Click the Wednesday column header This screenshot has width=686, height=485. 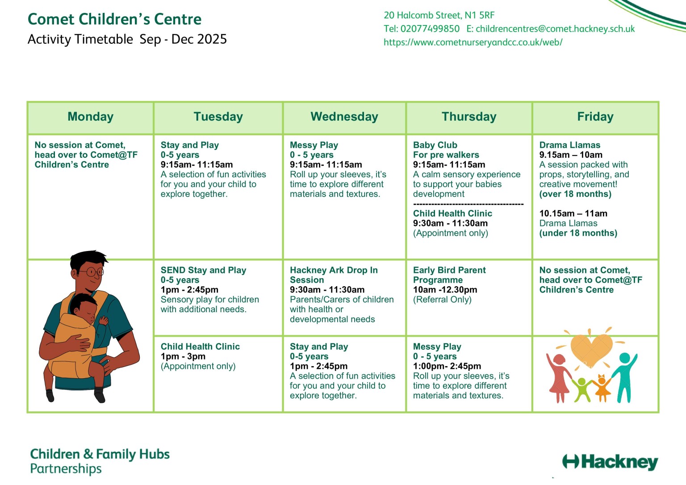pyautogui.click(x=344, y=117)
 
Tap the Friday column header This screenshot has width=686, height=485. pyautogui.click(x=595, y=117)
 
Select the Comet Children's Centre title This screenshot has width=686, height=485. pyautogui.click(x=114, y=19)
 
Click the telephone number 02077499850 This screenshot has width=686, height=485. pyautogui.click(x=430, y=29)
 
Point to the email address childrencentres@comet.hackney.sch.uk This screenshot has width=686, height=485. pyautogui.click(x=555, y=29)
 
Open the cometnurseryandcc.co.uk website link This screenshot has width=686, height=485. pyautogui.click(x=473, y=42)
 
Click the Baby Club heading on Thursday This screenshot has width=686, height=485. pyautogui.click(x=435, y=145)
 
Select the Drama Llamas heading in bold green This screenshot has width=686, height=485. pyautogui.click(x=569, y=145)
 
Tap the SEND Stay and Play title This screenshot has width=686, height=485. pyautogui.click(x=203, y=270)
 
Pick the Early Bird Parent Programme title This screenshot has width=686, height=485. pyautogui.click(x=449, y=275)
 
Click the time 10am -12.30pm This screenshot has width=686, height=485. pyautogui.click(x=445, y=290)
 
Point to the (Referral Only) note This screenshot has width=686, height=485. pyautogui.click(x=442, y=300)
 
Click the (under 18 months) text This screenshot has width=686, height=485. pyautogui.click(x=578, y=233)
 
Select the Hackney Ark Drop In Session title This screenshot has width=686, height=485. pyautogui.click(x=333, y=275)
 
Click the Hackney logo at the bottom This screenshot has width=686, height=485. pyautogui.click(x=610, y=462)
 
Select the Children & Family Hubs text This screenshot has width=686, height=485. pyautogui.click(x=100, y=454)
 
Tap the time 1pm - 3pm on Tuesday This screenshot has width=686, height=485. pyautogui.click(x=183, y=356)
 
